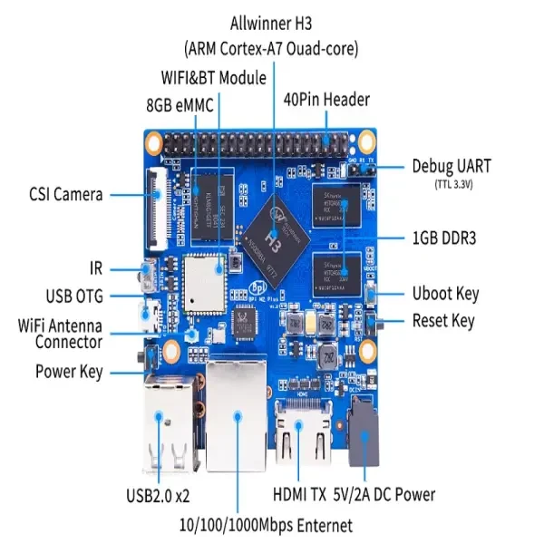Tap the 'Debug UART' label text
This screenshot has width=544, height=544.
pyautogui.click(x=452, y=166)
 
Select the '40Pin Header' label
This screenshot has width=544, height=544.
pyautogui.click(x=326, y=99)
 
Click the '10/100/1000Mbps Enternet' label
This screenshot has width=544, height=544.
pyautogui.click(x=267, y=525)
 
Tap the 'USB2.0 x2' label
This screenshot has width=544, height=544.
pyautogui.click(x=160, y=496)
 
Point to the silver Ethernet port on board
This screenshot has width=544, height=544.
pyautogui.click(x=238, y=420)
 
